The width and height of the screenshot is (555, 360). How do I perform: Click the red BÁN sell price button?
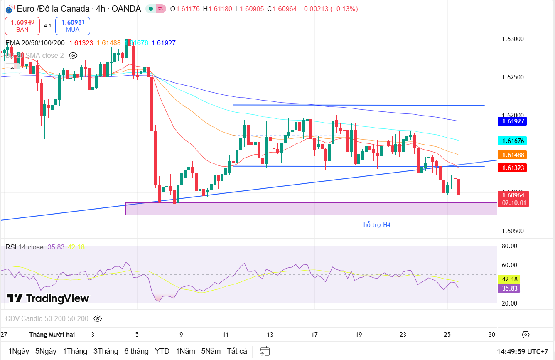(22, 26)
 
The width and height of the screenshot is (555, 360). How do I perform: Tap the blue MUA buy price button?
(73, 26)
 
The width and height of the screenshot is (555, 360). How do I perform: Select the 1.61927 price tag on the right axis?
(513, 121)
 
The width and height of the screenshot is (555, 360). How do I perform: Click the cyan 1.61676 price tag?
(513, 141)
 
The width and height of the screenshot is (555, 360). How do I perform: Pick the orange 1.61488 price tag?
(513, 155)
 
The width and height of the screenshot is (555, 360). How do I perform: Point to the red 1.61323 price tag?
(513, 168)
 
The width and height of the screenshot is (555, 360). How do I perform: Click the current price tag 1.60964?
(513, 195)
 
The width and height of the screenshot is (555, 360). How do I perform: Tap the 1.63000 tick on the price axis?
(513, 39)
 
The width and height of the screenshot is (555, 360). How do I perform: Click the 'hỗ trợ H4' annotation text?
(377, 225)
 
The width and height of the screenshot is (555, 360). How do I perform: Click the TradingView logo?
(48, 298)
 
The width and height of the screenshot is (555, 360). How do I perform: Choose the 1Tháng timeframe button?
(75, 351)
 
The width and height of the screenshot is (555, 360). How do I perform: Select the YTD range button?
(162, 351)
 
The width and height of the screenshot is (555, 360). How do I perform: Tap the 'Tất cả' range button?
(237, 351)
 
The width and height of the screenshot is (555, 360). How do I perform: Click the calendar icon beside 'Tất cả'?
(265, 351)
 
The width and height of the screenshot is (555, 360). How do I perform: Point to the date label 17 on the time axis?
(314, 335)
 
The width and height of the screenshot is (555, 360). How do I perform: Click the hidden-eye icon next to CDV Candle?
(98, 319)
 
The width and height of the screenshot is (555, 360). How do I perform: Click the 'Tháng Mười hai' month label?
(52, 335)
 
